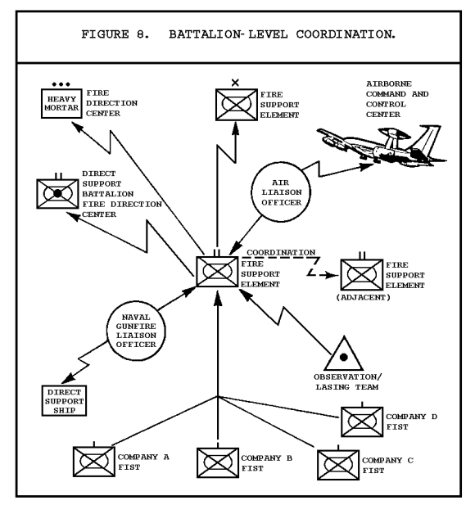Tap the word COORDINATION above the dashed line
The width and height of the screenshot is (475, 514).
281,253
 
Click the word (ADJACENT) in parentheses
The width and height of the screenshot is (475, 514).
363,298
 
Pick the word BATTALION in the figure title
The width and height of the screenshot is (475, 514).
205,34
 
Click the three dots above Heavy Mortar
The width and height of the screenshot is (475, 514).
61,84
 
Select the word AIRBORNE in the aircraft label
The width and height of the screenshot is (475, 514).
389,84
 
